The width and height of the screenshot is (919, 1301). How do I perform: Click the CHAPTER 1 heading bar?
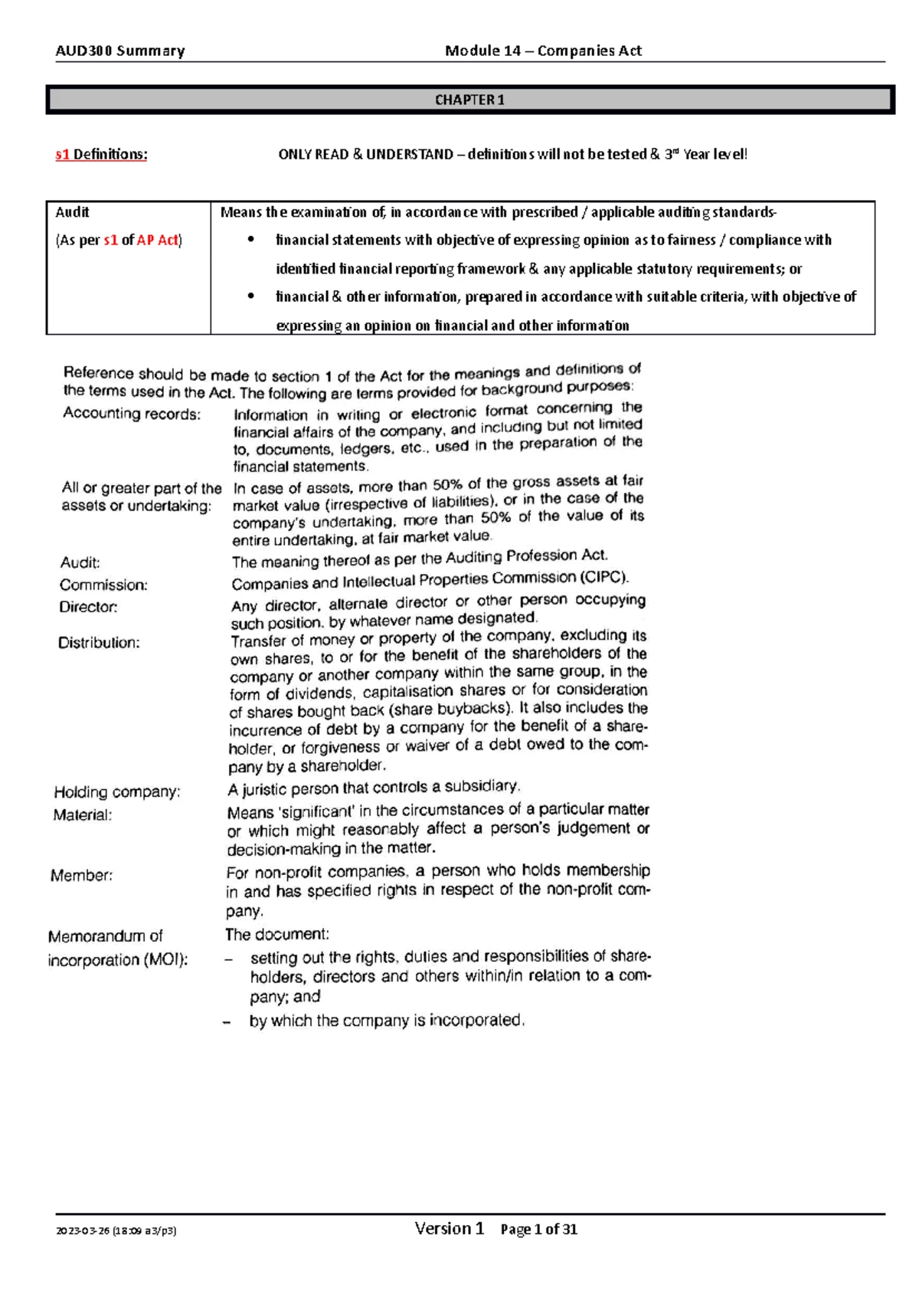coord(469,100)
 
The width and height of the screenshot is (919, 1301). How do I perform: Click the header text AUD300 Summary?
coord(120,51)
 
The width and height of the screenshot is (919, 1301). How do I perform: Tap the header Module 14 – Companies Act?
coord(543,51)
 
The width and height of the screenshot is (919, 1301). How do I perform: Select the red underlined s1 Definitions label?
coord(101,154)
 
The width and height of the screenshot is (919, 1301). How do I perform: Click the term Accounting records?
coord(132,414)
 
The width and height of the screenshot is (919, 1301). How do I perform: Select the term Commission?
coord(103,585)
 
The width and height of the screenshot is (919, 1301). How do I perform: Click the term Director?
coord(89,607)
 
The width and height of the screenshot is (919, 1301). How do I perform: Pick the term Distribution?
coord(99,643)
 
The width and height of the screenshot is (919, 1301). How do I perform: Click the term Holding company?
coord(117,791)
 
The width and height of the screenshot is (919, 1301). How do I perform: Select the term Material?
coord(83,815)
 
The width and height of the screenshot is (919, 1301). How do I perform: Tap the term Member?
coord(82,875)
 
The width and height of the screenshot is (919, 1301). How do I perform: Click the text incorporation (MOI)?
coord(118,960)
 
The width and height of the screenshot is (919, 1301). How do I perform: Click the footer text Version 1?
coord(449,1229)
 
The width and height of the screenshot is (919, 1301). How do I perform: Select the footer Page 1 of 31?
coord(538,1230)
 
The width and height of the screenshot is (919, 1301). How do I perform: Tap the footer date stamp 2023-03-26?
coord(83,1231)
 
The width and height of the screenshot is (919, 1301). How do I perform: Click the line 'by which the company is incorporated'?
coord(387,1021)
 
